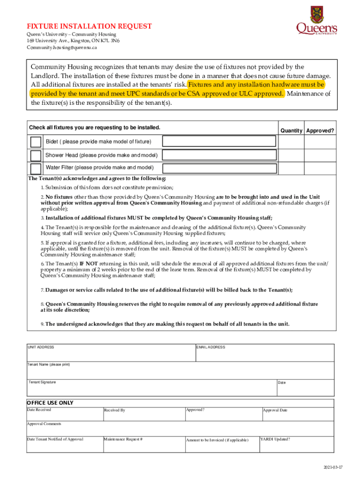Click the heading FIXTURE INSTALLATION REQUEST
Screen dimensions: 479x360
coord(89,26)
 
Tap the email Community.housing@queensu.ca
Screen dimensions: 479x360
coord(62,47)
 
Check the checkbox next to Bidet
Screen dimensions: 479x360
coord(36,142)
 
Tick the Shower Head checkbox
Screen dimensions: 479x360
coord(36,155)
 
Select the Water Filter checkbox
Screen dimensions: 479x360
coord(36,168)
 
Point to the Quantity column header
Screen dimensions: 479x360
coord(291,131)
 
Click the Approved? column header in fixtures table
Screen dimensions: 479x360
coord(320,131)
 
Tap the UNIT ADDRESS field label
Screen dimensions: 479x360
coord(41,347)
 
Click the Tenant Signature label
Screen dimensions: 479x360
coord(42,382)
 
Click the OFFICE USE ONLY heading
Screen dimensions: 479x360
coord(50,403)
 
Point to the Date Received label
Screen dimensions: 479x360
coord(39,410)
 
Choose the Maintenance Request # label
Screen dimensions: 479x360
coord(123,439)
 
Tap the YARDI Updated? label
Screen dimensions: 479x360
coord(275,439)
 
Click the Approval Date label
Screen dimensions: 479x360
coord(275,410)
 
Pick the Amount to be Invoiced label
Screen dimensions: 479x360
coord(217,440)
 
